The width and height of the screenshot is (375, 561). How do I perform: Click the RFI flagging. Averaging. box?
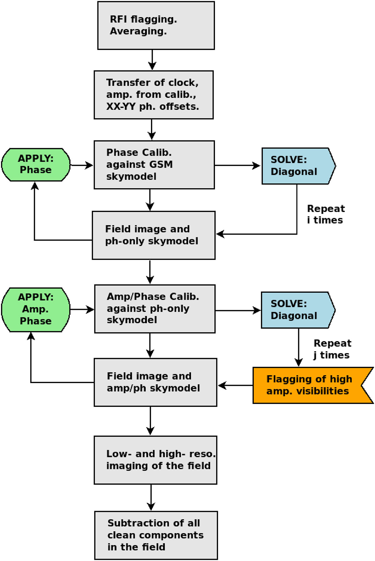point(156,25)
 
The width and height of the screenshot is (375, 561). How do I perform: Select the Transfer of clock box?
point(153,95)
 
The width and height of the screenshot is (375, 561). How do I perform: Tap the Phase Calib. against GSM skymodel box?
point(154,165)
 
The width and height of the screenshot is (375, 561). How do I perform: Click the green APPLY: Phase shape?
point(36,164)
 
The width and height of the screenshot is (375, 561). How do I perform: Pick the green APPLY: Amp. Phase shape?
point(35,309)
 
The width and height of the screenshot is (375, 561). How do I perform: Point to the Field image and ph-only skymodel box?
point(153,235)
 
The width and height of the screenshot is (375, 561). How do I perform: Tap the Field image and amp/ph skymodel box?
point(155,382)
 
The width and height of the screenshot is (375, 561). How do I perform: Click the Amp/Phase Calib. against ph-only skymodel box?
point(155,309)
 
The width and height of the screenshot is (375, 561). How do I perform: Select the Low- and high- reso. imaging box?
point(155,460)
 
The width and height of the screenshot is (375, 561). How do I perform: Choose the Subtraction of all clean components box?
point(156,535)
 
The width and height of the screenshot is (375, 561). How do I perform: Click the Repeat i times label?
point(326,214)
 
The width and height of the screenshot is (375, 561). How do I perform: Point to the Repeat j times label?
point(332,349)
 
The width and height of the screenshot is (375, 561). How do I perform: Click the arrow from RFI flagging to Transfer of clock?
point(152,60)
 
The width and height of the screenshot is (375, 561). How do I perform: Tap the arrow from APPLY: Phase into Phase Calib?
point(82,165)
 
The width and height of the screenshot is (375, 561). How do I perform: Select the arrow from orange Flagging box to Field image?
point(235,386)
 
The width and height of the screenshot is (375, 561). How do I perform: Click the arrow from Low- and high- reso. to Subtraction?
point(151,497)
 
